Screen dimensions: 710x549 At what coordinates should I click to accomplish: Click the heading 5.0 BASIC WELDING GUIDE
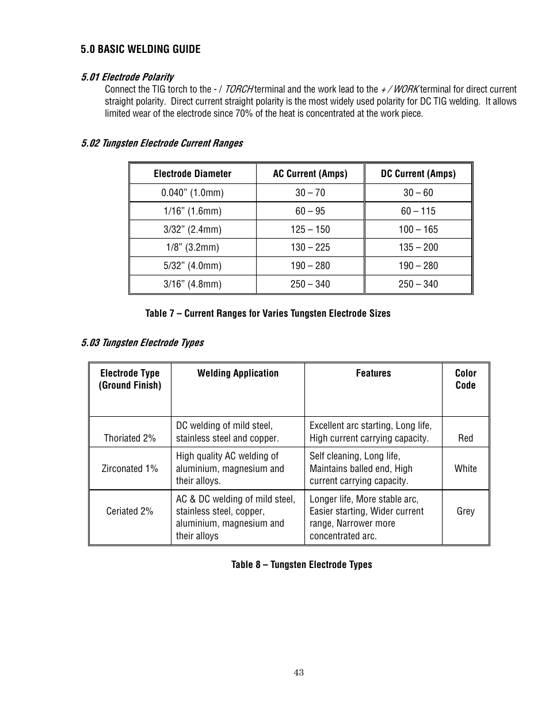coord(140,49)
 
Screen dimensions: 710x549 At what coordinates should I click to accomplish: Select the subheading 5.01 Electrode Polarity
coord(127,77)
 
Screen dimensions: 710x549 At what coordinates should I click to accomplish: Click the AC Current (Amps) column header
coord(310,174)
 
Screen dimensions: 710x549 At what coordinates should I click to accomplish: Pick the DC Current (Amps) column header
coord(418,174)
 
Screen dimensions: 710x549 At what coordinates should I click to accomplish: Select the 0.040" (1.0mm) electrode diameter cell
coord(192,193)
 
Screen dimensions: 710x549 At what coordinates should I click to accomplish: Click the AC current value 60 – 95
coord(310,211)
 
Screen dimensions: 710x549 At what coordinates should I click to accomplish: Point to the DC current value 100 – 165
coord(418,229)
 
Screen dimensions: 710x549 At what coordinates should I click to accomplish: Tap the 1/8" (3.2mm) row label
coord(192,248)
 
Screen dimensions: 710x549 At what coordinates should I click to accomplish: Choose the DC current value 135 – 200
coord(418,248)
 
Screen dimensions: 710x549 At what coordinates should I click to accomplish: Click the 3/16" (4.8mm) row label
coord(192,284)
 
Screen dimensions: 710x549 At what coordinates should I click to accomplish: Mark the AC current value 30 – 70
coord(310,193)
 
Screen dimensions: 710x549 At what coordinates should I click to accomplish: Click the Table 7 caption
coord(268,313)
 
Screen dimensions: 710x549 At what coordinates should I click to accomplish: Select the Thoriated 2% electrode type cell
coord(129,438)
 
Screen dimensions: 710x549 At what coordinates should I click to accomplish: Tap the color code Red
coord(466,438)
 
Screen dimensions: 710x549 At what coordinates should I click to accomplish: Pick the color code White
coord(466,469)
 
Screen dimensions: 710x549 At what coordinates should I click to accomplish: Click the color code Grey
coord(466,511)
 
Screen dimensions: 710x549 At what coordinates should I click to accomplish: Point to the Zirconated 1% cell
coord(129,469)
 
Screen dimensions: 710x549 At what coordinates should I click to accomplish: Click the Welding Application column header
coord(238,373)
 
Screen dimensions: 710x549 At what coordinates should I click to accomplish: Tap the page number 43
coord(299,673)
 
